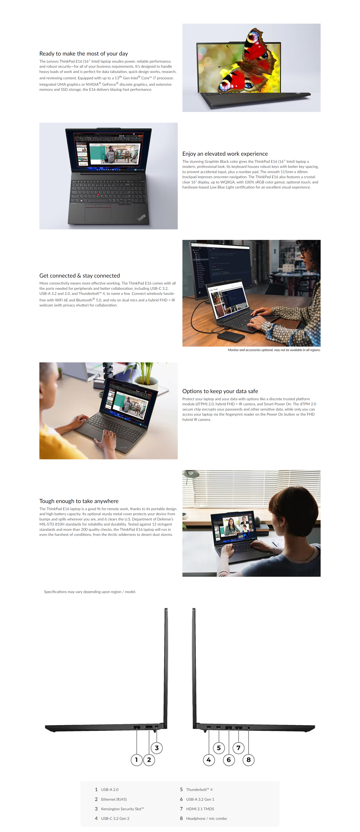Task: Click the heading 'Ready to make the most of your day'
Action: (84, 54)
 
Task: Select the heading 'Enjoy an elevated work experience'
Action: (225, 154)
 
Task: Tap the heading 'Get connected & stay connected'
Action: (79, 276)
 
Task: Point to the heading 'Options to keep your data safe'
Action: (220, 391)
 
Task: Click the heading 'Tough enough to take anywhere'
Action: (79, 501)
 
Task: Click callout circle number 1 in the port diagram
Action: (136, 760)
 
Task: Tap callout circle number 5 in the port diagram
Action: (219, 748)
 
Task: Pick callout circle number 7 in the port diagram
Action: (239, 748)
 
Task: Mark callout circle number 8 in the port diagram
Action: (249, 760)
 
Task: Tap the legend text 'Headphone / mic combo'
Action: (207, 818)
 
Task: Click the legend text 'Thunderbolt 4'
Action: (199, 790)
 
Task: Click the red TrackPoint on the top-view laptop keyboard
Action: (98, 194)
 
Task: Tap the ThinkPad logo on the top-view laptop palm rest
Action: (141, 217)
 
